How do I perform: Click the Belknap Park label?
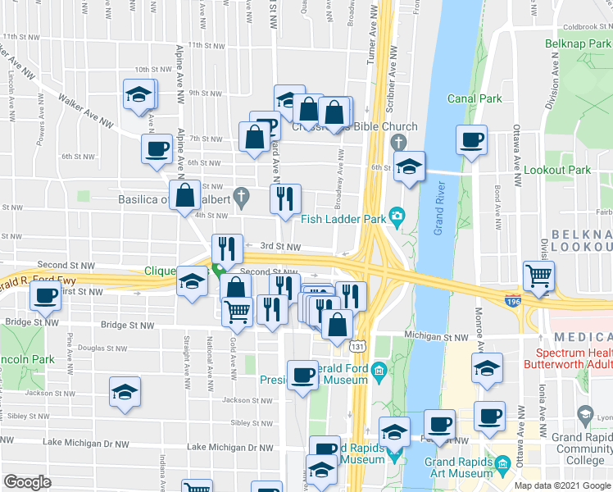(x=578, y=43)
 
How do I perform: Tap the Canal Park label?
(x=475, y=98)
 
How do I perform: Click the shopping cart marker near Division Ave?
(x=538, y=276)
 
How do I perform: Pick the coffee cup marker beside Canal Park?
(x=471, y=140)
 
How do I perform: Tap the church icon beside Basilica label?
(x=240, y=196)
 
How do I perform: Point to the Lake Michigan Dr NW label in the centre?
(x=229, y=447)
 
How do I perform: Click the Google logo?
(x=27, y=482)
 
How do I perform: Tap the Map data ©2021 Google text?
(x=562, y=485)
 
